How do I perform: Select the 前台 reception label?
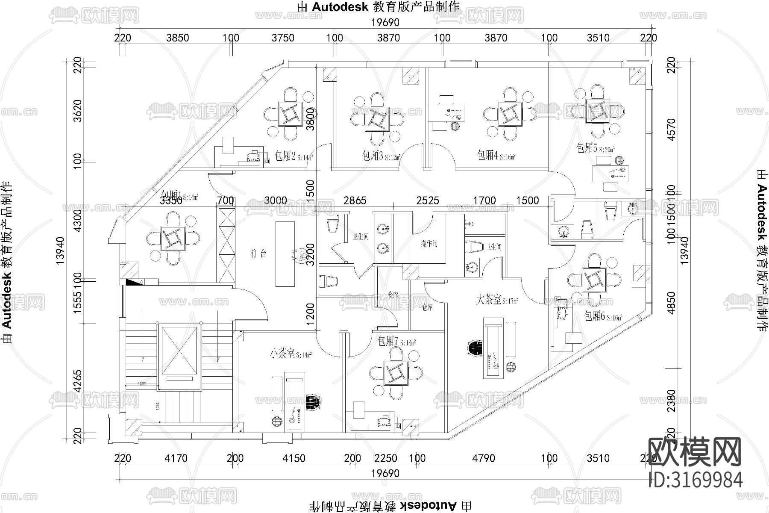[x=258, y=254]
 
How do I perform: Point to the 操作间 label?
[x=429, y=244]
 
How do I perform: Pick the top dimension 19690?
[x=384, y=21]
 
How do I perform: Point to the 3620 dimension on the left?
[x=78, y=111]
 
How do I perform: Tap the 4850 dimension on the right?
[x=672, y=303]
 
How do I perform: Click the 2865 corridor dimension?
[x=355, y=200]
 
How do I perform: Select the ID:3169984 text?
[x=696, y=480]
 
